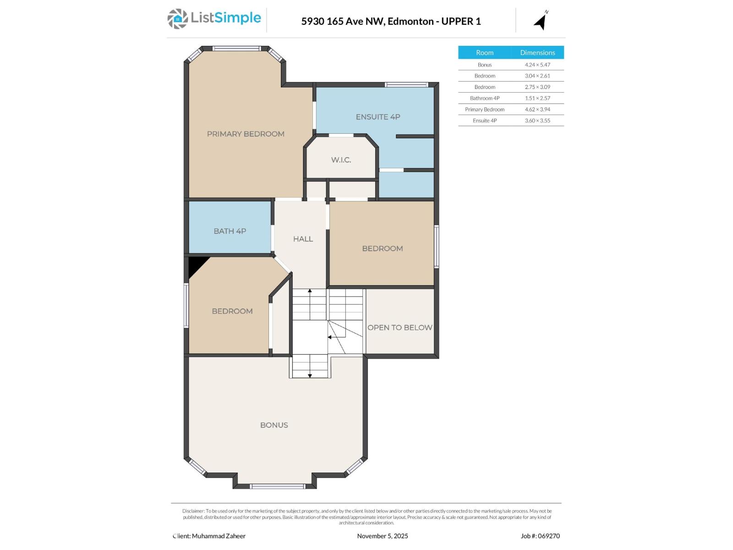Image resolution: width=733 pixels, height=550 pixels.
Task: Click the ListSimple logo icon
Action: [177, 19]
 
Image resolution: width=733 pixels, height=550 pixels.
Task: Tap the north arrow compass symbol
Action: [541, 21]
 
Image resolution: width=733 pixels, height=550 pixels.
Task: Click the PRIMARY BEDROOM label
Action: [246, 134]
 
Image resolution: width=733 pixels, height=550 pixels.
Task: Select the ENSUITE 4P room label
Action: [378, 117]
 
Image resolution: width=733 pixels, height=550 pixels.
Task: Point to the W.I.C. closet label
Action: [341, 160]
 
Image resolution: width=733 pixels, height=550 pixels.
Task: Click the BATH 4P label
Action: [230, 231]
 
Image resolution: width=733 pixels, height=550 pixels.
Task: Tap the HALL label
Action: [303, 239]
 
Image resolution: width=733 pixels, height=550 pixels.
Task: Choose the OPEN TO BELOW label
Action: [399, 327]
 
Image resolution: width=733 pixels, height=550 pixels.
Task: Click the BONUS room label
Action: [274, 425]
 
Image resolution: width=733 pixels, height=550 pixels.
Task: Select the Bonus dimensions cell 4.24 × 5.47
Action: [537, 65]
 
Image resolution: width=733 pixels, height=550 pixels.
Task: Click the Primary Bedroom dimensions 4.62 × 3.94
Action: [537, 109]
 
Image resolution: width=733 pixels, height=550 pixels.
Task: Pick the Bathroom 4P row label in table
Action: [485, 98]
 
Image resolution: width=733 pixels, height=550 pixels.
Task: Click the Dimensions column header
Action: [537, 52]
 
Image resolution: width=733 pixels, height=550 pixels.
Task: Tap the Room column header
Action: [485, 52]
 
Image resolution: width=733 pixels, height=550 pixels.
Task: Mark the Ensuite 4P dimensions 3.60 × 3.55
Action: [537, 121]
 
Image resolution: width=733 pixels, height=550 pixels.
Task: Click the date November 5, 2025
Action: [383, 536]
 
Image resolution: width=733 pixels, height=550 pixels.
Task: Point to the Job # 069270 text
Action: [540, 536]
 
